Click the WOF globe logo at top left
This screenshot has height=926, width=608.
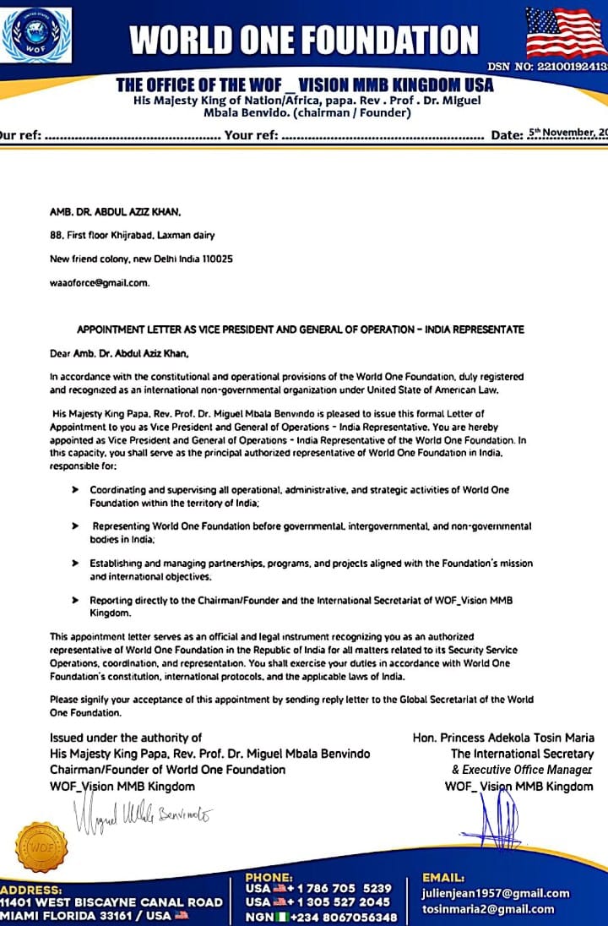(36, 35)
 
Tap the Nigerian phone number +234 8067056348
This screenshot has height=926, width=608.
(344, 917)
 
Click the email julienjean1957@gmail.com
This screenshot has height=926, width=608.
(495, 893)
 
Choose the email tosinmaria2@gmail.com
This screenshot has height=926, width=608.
(488, 909)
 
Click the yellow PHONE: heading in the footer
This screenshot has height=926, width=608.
(269, 878)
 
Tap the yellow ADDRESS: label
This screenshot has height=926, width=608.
(31, 890)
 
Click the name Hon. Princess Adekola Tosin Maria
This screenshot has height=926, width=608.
(503, 738)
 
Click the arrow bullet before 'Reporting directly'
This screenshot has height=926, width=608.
(76, 599)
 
